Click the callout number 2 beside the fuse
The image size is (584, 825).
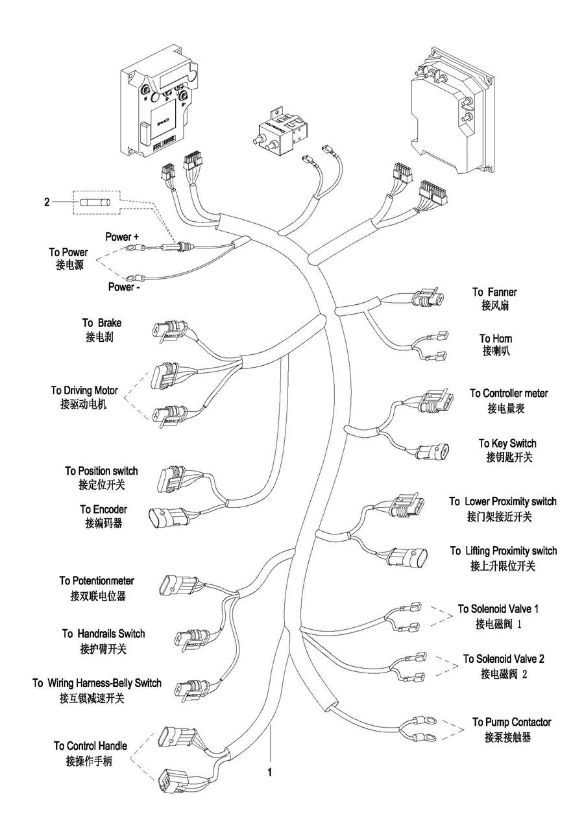[x=47, y=203]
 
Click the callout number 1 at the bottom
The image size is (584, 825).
[x=270, y=772]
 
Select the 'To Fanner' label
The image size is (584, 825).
[x=494, y=293]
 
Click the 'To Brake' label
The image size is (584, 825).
[x=101, y=323]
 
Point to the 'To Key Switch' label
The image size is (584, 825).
[x=507, y=444]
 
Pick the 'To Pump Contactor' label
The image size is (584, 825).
[x=511, y=723]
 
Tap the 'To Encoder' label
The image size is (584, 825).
[x=103, y=510]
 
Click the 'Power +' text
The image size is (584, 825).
[x=122, y=237]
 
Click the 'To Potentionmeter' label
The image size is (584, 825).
[x=97, y=581]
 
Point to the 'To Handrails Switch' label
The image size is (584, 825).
[x=103, y=634]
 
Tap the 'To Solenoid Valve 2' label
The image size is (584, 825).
[x=504, y=659]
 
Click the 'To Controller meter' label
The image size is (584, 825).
[x=509, y=394]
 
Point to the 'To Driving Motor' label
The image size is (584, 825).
[x=84, y=390]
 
